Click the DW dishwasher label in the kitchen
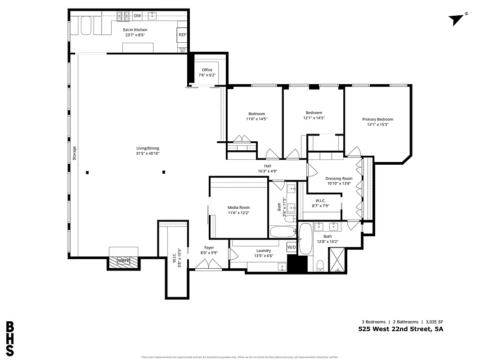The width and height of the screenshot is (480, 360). pyautogui.click(x=138, y=16)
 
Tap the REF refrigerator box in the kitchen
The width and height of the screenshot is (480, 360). pyautogui.click(x=182, y=35)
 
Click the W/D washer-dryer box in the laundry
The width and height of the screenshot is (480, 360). pyautogui.click(x=292, y=247)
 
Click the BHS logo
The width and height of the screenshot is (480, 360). pyautogui.click(x=10, y=338)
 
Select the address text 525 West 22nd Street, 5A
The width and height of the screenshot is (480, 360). pyautogui.click(x=400, y=329)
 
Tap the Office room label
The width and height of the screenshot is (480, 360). pyautogui.click(x=207, y=70)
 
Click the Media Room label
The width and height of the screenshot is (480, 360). pyautogui.click(x=238, y=207)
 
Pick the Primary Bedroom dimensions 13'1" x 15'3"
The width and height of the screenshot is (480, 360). pyautogui.click(x=377, y=125)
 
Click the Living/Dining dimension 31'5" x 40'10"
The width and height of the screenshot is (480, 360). pyautogui.click(x=148, y=153)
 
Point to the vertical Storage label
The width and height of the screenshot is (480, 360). pyautogui.click(x=75, y=153)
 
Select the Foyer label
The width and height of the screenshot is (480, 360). pyautogui.click(x=209, y=247)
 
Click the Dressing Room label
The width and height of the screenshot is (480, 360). pyautogui.click(x=339, y=179)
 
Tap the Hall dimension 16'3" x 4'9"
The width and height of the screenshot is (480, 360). pyautogui.click(x=268, y=171)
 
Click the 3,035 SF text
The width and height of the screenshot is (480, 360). pyautogui.click(x=434, y=322)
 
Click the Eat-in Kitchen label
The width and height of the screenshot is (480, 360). pyautogui.click(x=135, y=30)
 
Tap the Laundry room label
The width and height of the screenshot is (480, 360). pyautogui.click(x=263, y=251)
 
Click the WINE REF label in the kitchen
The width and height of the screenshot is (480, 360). pyautogui.click(x=182, y=50)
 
